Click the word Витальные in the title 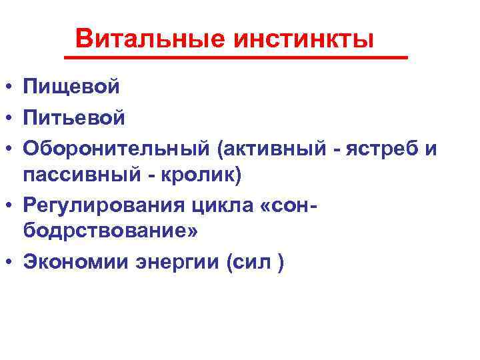click(x=151, y=39)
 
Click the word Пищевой click(x=71, y=87)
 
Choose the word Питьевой click(x=73, y=118)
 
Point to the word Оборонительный click(x=116, y=149)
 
